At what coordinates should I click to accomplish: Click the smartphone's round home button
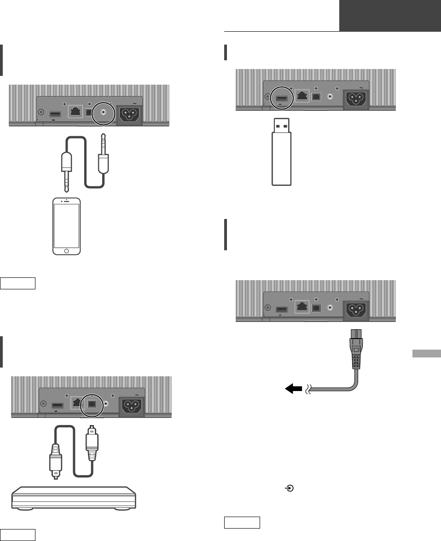[x=67, y=251]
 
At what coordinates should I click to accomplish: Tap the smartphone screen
[x=67, y=225]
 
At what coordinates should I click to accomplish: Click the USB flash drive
[x=281, y=152]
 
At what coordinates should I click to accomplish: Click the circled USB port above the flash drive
[x=280, y=97]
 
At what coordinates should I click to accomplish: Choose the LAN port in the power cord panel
[x=302, y=308]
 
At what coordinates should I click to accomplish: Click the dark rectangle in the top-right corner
[x=390, y=16]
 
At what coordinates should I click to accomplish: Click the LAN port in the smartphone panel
[x=75, y=112]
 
